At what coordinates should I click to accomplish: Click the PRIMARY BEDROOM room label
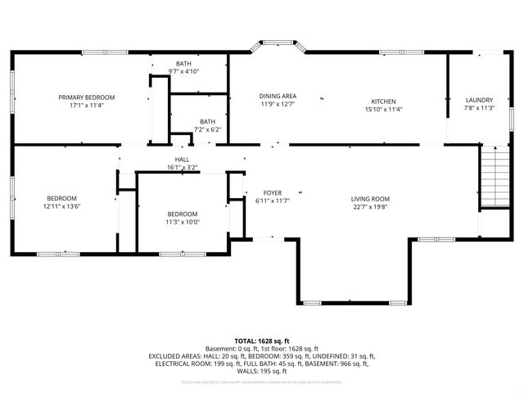(86, 97)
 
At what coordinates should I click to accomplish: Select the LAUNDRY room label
(479, 100)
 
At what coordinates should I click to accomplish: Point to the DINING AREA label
(278, 96)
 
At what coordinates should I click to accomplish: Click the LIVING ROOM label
(370, 199)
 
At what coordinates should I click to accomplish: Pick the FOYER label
(273, 192)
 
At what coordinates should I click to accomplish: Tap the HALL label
(182, 159)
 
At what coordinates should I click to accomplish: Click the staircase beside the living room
(494, 177)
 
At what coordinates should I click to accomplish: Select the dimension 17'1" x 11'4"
(86, 105)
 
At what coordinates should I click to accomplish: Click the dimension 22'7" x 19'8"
(370, 207)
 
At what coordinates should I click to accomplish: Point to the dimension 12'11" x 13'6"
(61, 206)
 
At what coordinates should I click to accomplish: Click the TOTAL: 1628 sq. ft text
(262, 341)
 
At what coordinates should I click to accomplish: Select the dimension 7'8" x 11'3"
(479, 108)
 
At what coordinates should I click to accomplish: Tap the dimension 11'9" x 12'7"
(278, 104)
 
